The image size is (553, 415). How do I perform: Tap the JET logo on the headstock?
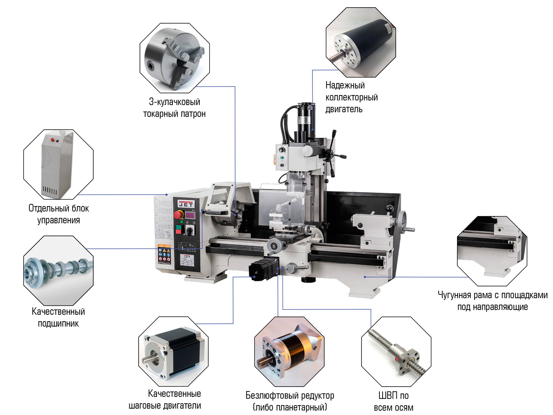tap(186, 204)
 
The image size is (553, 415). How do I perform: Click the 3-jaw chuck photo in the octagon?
tap(175, 58)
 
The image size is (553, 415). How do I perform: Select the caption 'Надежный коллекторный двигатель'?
tap(351, 97)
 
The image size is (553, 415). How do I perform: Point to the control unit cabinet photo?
tap(58, 164)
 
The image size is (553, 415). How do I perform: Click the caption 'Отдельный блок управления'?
tap(58, 214)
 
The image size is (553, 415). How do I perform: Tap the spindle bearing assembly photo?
tap(58, 270)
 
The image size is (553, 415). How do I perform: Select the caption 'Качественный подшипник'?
tap(58, 317)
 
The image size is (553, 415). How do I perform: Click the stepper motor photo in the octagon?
tap(174, 351)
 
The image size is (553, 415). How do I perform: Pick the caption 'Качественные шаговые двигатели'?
tap(165, 399)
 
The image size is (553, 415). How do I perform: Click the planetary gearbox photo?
tap(289, 351)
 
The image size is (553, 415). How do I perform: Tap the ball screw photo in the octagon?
tap(396, 351)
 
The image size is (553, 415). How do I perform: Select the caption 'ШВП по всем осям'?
tap(393, 401)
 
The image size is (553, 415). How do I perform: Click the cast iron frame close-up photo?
tap(492, 251)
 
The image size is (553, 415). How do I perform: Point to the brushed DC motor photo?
tap(360, 42)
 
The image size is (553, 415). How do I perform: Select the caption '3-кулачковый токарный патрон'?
tap(174, 108)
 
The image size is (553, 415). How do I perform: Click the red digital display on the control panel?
tap(190, 215)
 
